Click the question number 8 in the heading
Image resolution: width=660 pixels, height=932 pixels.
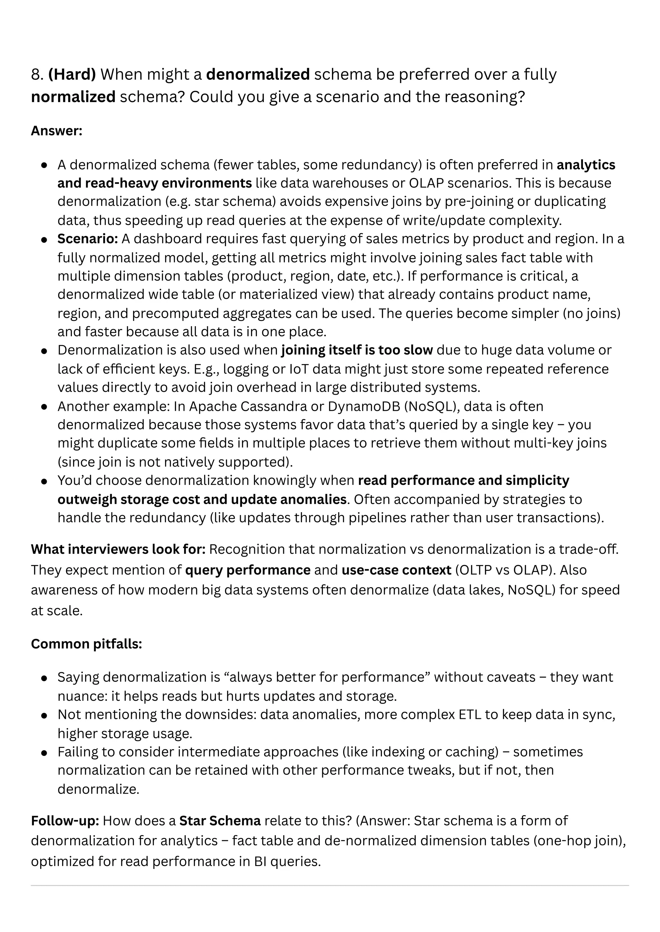[x=36, y=75]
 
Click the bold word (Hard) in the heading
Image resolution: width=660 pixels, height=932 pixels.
[x=72, y=75]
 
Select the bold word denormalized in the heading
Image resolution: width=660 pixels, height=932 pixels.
[x=258, y=75]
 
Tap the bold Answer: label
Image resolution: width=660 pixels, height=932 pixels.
[x=56, y=131]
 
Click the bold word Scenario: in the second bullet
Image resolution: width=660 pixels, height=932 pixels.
[x=87, y=239]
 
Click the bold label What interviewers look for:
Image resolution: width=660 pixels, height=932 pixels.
[x=118, y=549]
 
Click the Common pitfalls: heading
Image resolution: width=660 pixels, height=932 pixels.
[x=86, y=644]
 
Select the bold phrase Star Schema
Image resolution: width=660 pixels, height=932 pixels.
[x=220, y=821]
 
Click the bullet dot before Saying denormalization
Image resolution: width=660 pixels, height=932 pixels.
[x=45, y=678]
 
